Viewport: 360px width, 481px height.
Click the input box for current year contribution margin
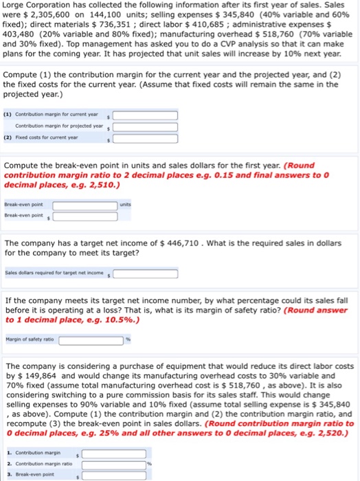click(x=145, y=115)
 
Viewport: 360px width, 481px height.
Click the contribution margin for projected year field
click(x=145, y=126)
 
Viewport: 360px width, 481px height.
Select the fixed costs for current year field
click(x=145, y=138)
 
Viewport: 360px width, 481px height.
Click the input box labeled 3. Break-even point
click(x=113, y=474)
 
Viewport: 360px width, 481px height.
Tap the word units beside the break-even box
click(x=126, y=204)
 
